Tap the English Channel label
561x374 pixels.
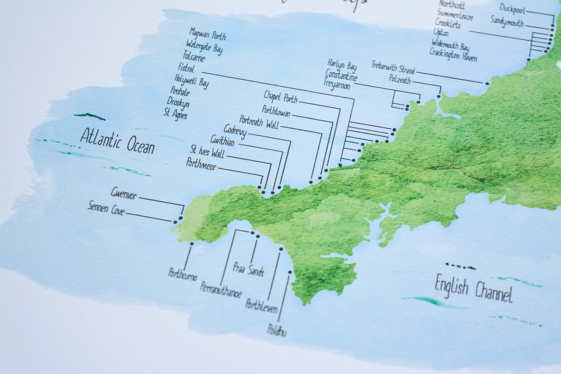coord(473,289)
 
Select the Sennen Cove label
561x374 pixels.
coord(106,208)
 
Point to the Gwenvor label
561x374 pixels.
coord(123,193)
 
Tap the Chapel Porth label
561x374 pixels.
coord(280,96)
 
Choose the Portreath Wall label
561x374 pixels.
coord(259,122)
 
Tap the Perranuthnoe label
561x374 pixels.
coord(220,289)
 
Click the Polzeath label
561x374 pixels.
coord(400,79)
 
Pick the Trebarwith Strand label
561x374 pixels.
coord(393,67)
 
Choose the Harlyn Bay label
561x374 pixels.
coord(342,64)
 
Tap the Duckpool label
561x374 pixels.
coord(514,8)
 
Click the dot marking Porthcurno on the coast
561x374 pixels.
coord(191,243)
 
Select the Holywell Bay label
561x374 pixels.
coord(191,81)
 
